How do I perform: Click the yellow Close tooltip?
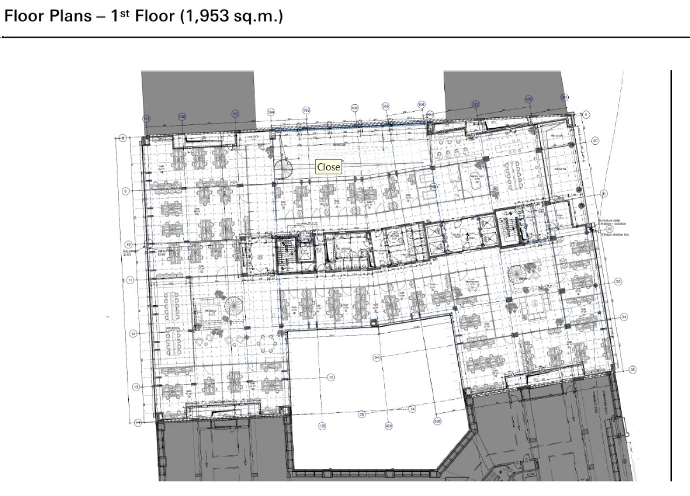pos(328,167)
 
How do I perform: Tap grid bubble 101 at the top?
pos(146,118)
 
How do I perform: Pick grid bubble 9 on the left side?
pos(126,191)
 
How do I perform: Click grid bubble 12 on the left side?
pos(133,334)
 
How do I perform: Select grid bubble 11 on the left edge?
pos(130,280)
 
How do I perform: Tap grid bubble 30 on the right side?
pos(595,141)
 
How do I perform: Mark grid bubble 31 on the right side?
pos(604,194)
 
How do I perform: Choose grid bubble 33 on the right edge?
pos(618,281)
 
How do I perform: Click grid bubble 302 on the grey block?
pos(529,99)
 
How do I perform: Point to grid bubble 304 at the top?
pos(421,105)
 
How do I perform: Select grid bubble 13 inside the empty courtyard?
pos(330,377)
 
